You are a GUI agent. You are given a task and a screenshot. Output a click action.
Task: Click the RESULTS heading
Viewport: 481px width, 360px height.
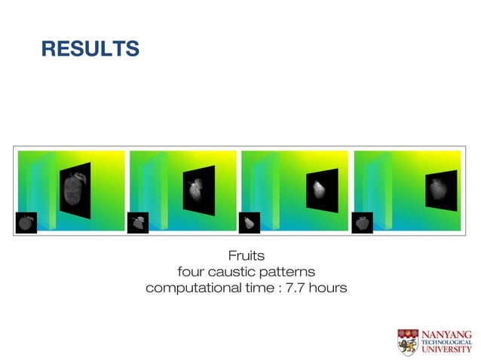pyautogui.click(x=90, y=50)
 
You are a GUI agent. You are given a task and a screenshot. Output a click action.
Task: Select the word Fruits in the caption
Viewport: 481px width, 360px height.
pyautogui.click(x=246, y=256)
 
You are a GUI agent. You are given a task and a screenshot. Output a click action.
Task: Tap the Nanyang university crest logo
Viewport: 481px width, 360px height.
pyautogui.click(x=408, y=341)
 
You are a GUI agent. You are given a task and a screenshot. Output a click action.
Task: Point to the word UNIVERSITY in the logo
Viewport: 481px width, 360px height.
pyautogui.click(x=446, y=349)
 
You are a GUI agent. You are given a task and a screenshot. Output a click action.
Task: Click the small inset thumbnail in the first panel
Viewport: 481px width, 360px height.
pyautogui.click(x=26, y=223)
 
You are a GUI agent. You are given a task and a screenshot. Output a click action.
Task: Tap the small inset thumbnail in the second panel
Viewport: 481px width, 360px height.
pyautogui.click(x=137, y=223)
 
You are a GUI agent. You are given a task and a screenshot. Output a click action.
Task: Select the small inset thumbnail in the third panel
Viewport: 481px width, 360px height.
pyautogui.click(x=250, y=223)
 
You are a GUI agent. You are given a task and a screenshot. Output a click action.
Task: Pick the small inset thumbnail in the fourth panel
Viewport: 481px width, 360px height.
pyautogui.click(x=362, y=223)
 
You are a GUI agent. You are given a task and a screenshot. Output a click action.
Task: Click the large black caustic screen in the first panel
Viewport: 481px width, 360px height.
pyautogui.click(x=75, y=190)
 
